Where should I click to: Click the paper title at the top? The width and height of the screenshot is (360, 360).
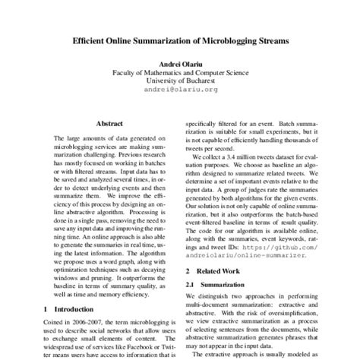pyautogui.click(x=180, y=44)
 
